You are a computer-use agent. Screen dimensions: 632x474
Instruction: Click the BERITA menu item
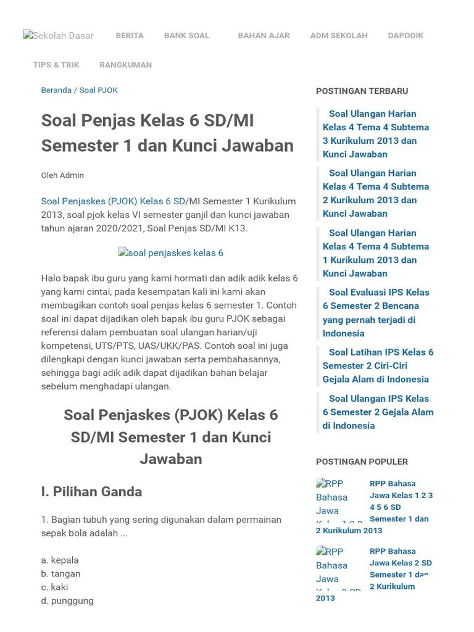click(130, 35)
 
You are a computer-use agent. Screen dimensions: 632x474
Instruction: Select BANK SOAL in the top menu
click(186, 35)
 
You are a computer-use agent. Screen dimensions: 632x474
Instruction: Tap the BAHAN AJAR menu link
click(264, 35)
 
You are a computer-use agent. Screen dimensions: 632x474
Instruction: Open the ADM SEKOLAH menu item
click(339, 35)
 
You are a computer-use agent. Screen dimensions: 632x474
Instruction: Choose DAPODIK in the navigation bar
click(405, 35)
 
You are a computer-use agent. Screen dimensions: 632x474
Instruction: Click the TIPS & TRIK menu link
click(56, 65)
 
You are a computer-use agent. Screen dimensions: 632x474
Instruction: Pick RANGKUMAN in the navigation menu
click(125, 65)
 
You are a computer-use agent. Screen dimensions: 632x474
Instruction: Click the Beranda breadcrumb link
click(56, 90)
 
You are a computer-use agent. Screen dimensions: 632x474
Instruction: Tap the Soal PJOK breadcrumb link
click(98, 90)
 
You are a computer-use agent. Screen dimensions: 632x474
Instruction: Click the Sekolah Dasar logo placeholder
click(58, 36)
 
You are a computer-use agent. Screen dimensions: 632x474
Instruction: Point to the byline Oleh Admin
click(62, 175)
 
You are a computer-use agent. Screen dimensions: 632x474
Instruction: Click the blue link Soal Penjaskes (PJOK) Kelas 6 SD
click(113, 201)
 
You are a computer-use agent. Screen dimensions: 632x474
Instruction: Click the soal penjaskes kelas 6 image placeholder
click(171, 253)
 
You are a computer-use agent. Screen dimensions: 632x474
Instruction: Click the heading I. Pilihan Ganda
click(91, 492)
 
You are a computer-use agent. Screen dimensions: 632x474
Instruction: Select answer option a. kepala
click(60, 560)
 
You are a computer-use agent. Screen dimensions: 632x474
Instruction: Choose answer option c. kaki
click(54, 588)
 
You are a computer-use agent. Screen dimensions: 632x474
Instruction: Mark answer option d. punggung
click(67, 601)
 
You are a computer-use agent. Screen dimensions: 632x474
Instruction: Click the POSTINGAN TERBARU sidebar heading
click(362, 91)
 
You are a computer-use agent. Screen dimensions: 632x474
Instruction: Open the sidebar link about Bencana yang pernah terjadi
click(376, 313)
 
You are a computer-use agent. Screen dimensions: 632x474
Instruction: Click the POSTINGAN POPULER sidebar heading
click(362, 462)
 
